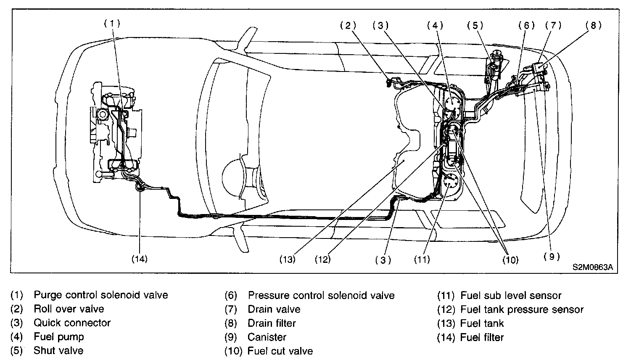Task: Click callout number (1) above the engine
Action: coord(112,24)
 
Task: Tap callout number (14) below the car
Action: coord(139,259)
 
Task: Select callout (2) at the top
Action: coord(348,25)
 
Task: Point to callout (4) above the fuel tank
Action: coord(435,25)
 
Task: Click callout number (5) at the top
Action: coord(475,25)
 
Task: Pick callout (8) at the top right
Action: coord(593,25)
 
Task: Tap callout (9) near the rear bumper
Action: coord(552,257)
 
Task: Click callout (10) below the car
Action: coord(510,260)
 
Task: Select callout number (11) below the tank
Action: coord(422,259)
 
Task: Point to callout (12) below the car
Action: coord(323,259)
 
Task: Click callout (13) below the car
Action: coord(288,259)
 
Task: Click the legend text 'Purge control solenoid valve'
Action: coord(101,295)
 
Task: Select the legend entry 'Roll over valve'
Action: coord(69,309)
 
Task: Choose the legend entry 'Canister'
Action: coord(267,337)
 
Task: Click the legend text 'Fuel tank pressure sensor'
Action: coord(522,310)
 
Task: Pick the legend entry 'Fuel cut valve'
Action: coord(280,351)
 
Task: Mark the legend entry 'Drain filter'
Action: coord(272,323)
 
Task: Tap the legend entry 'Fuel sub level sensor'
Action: coord(511,296)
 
